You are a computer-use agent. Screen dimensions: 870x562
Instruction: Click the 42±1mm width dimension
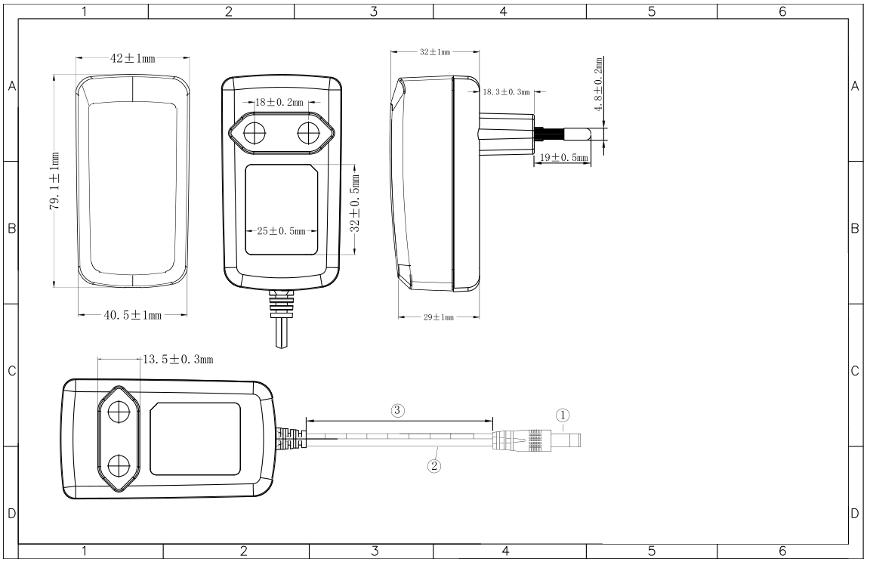point(133,57)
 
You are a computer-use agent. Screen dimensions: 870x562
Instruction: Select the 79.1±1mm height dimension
point(55,181)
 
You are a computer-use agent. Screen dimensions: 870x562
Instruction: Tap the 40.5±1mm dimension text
point(133,315)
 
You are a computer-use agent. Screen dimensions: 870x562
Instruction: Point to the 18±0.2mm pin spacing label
point(279,102)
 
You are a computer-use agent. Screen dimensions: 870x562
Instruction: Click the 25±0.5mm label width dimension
point(281,231)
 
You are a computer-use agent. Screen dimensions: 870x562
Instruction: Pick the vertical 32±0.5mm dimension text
point(355,203)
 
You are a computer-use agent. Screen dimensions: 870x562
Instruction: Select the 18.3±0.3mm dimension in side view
point(506,92)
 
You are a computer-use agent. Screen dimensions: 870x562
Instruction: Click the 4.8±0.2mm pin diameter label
point(598,85)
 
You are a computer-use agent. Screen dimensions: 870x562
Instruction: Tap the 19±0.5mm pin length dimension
point(563,158)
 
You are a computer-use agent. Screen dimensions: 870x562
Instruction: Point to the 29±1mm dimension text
point(438,317)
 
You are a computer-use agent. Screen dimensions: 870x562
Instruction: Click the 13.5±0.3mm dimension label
point(178,360)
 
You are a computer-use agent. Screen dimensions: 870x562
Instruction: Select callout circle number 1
point(563,415)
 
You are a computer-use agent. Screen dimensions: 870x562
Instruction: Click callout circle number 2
point(434,465)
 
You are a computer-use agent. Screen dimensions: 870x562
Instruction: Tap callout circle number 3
point(397,410)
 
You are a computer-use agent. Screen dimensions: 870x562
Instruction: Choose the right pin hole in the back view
point(309,133)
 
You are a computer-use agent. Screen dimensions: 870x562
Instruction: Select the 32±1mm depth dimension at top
point(435,52)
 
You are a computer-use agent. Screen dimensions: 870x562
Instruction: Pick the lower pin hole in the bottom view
point(119,465)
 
